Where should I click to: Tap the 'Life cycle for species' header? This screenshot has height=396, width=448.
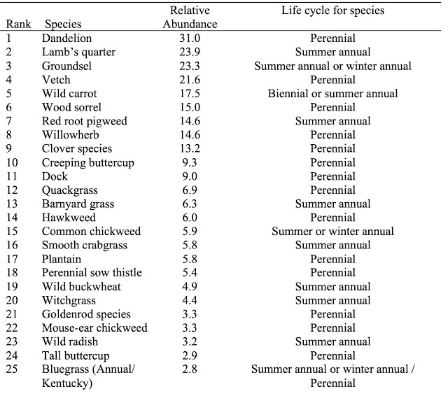332,10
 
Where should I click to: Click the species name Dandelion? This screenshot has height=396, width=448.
66,38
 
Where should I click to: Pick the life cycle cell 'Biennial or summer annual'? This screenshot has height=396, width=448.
332,94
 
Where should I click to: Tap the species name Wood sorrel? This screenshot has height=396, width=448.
71,108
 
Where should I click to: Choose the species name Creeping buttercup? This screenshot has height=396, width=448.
87,163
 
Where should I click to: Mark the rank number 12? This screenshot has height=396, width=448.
12,190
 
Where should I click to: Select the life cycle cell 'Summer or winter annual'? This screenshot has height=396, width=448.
332,232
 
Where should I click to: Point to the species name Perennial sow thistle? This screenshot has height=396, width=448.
91,273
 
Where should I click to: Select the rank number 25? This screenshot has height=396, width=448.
12,369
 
